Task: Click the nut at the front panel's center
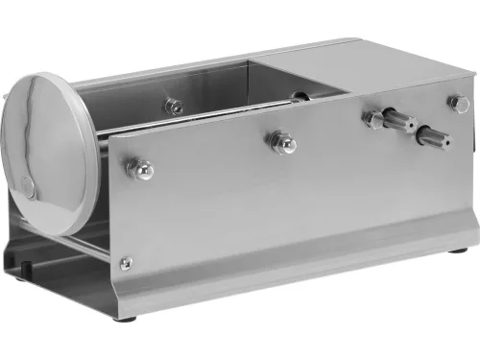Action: (x=282, y=143)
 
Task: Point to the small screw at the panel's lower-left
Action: (x=125, y=261)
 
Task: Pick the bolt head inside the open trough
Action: (x=174, y=105)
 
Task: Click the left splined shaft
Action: (x=393, y=122)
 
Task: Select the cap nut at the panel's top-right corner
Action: (x=456, y=103)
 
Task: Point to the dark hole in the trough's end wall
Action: (x=300, y=95)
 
